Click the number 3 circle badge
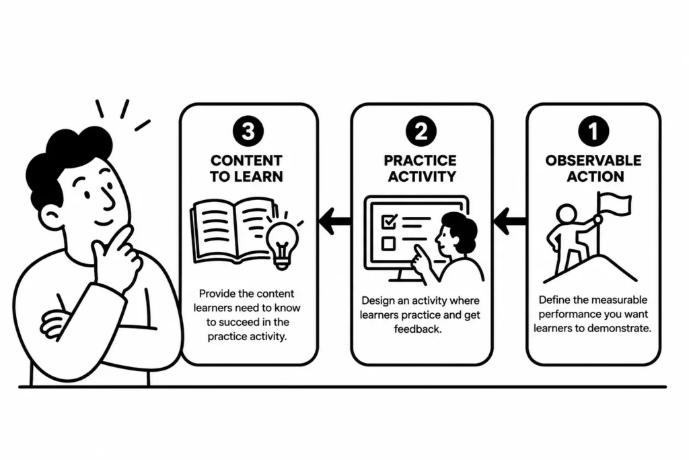(248, 131)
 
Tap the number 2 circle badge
(421, 131)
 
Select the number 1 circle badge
(593, 131)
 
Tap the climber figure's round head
(567, 215)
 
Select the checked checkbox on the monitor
(389, 221)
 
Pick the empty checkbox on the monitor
(388, 244)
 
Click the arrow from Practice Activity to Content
(335, 220)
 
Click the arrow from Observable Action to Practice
(510, 220)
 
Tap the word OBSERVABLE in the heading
(593, 160)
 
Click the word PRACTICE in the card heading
(421, 160)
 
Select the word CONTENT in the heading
(246, 160)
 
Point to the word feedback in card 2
(417, 329)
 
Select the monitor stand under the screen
(400, 276)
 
